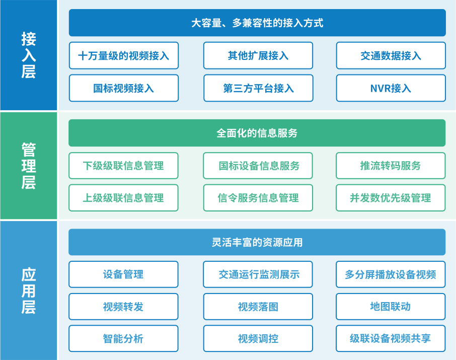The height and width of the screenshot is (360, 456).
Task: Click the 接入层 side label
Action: point(29,55)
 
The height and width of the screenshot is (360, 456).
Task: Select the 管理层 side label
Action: point(29,166)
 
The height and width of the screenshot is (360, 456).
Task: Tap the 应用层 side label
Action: point(29,291)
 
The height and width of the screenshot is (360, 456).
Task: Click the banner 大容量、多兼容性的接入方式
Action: point(257,23)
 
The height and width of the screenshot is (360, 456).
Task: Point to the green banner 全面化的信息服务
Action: point(257,133)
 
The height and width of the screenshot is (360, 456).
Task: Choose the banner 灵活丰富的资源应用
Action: point(257,242)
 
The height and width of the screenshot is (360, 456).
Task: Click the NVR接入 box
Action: point(391,88)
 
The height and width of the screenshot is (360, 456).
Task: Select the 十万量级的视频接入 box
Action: point(124,55)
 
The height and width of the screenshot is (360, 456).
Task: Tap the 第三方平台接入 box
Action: point(258,88)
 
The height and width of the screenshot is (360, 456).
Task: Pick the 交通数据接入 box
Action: point(391,55)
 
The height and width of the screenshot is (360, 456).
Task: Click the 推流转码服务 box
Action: point(391,166)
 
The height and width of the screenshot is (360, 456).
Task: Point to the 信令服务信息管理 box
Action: point(258,198)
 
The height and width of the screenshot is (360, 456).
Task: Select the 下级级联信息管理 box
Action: point(123,166)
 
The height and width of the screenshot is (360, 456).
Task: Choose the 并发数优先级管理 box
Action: point(391,198)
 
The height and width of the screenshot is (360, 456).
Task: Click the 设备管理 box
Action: point(123,274)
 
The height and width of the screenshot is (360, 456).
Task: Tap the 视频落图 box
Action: point(258,307)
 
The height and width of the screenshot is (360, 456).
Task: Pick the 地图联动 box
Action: point(391,307)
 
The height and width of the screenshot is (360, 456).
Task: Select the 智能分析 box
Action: point(123,338)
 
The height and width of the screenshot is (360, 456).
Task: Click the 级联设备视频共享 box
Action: point(391,338)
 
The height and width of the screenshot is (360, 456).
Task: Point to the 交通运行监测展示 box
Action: point(258,274)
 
